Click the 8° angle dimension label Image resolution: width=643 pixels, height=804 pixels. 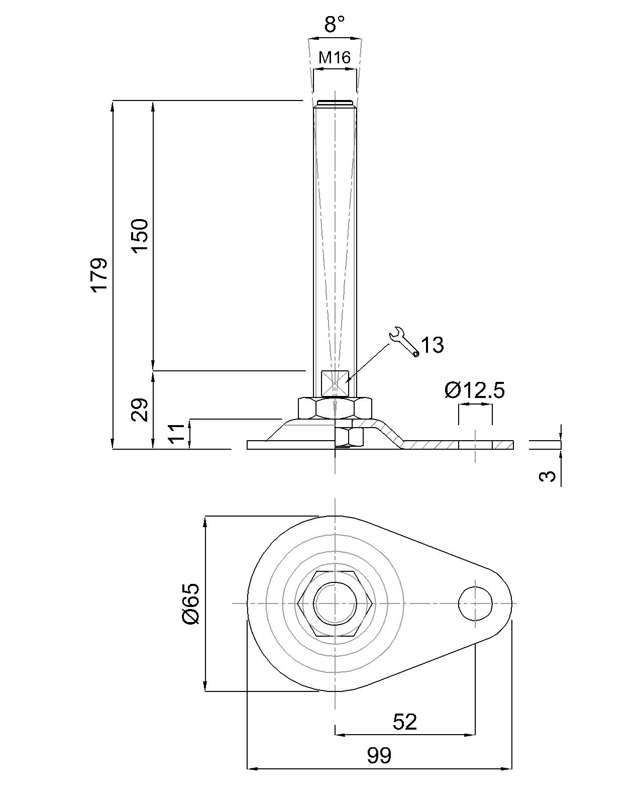[335, 24]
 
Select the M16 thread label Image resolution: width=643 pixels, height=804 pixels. [335, 58]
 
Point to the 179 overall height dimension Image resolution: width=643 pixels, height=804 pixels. [99, 274]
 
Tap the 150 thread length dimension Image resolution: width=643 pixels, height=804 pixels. [140, 236]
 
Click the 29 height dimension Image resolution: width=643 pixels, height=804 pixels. [140, 410]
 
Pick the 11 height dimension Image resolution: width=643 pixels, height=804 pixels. [177, 433]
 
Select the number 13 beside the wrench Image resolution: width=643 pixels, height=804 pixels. [432, 345]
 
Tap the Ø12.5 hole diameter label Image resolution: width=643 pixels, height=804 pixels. [475, 390]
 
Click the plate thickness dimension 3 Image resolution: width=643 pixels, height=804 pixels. [549, 475]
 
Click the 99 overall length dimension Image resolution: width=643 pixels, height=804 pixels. [379, 755]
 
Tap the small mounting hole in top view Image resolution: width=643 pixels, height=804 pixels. [475, 603]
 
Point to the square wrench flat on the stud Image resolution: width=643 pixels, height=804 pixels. [335, 383]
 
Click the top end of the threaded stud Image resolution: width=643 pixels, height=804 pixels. [335, 104]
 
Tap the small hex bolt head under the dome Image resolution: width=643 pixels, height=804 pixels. [349, 437]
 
